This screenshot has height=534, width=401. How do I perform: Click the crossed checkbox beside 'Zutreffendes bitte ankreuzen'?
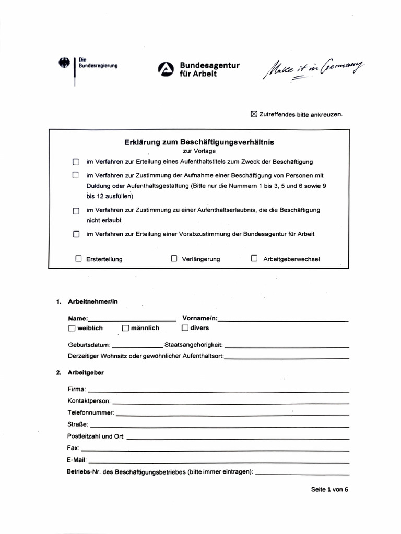pyautogui.click(x=254, y=114)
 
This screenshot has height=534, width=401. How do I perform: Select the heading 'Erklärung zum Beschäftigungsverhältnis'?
pyautogui.click(x=199, y=142)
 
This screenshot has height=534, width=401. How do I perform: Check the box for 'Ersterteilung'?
pyautogui.click(x=79, y=258)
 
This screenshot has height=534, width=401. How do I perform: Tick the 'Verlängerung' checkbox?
pyautogui.click(x=174, y=258)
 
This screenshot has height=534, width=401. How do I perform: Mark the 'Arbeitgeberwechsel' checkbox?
pyautogui.click(x=254, y=258)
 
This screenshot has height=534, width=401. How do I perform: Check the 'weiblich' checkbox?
pyautogui.click(x=72, y=328)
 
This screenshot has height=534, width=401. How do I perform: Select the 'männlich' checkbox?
pyautogui.click(x=125, y=328)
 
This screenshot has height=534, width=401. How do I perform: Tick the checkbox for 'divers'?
pyautogui.click(x=185, y=328)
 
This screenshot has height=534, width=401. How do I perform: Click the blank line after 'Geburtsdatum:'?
pyautogui.click(x=137, y=346)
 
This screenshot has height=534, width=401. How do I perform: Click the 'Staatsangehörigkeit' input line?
pyautogui.click(x=287, y=346)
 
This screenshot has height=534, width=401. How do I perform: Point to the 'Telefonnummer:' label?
pyautogui.click(x=91, y=412)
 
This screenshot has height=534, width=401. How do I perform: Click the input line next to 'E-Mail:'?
pyautogui.click(x=219, y=461)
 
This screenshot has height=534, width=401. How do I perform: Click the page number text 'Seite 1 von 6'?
pyautogui.click(x=329, y=490)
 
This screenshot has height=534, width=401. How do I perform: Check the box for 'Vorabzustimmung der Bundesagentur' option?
pyautogui.click(x=76, y=234)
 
